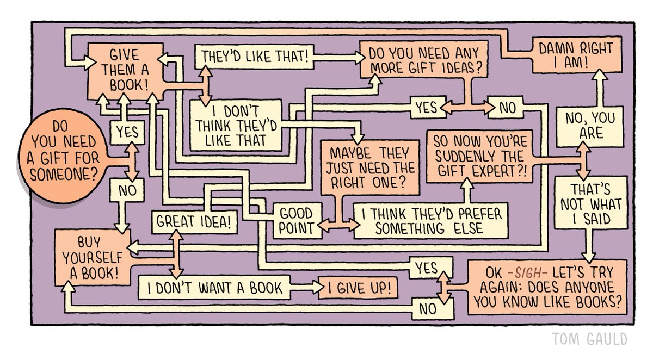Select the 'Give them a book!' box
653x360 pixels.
tap(124, 70)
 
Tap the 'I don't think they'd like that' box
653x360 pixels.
tap(236, 126)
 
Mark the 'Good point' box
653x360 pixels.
tap(297, 221)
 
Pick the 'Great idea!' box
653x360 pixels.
tap(194, 221)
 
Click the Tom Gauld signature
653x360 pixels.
tap(589, 339)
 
